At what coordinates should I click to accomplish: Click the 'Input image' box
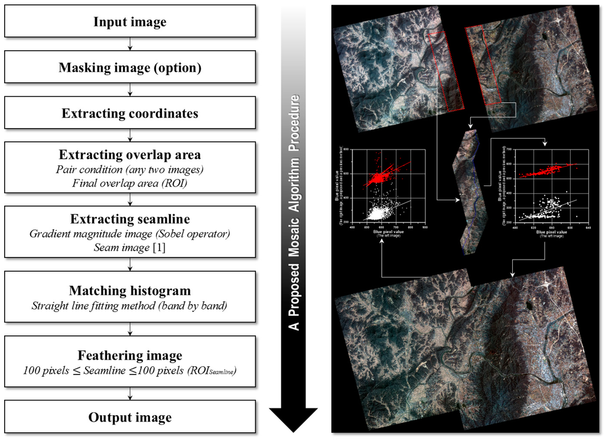[x=130, y=22]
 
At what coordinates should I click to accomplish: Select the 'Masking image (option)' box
[x=130, y=67]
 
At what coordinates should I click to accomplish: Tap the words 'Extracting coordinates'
[x=130, y=113]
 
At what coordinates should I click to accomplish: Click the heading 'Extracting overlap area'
[x=130, y=155]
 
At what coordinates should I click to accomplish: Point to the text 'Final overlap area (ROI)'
[x=130, y=183]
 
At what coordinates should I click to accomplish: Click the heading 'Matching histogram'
[x=130, y=291]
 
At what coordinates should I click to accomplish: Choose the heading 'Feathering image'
[x=130, y=356]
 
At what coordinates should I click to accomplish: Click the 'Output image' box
[x=130, y=418]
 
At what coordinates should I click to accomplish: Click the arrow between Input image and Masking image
[x=130, y=45]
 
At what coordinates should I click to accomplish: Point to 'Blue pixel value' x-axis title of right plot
[x=552, y=233]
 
